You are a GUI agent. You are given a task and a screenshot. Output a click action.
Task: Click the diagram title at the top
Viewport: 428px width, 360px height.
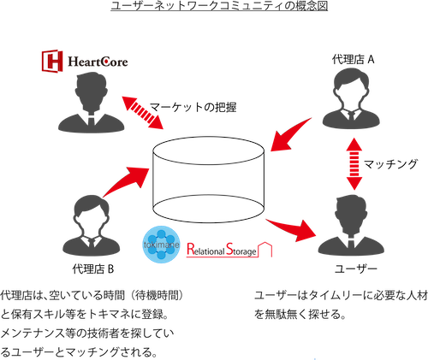click(219, 6)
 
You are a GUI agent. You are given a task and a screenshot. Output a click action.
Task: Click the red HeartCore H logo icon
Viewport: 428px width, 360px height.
click(52, 61)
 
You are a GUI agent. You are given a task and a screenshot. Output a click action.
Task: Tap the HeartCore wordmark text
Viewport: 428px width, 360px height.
click(98, 62)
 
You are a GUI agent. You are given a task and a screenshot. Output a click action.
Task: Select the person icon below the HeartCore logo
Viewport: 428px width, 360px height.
click(92, 103)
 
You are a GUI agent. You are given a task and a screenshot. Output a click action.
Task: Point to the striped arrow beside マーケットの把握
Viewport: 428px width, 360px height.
click(143, 113)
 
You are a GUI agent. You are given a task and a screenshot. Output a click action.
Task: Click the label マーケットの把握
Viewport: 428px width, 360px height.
click(193, 107)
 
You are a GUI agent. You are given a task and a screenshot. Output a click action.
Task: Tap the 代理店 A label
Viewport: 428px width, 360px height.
click(353, 60)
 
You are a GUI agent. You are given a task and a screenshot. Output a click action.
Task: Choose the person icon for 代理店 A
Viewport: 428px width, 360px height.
click(351, 98)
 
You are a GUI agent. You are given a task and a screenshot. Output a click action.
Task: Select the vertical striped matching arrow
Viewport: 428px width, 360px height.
click(354, 164)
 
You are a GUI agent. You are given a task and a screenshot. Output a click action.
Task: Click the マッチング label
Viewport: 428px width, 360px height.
click(390, 164)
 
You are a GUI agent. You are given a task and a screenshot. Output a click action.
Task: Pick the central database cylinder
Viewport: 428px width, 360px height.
click(208, 180)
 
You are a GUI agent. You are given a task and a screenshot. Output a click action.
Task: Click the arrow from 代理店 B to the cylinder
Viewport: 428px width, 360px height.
click(126, 181)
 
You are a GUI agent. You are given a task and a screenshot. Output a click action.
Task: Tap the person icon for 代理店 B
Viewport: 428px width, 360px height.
click(92, 226)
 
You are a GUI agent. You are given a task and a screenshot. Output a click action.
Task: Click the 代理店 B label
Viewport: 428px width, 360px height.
click(93, 269)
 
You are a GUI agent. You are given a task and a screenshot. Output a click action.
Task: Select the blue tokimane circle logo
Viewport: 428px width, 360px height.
click(162, 245)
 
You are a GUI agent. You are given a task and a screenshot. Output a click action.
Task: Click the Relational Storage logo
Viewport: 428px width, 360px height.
click(229, 250)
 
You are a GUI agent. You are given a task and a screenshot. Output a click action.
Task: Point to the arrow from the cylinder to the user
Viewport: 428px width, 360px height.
click(291, 229)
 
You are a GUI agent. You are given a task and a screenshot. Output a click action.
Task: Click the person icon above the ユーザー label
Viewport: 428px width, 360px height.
click(351, 226)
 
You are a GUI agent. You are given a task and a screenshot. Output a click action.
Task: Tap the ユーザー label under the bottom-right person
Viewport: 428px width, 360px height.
click(356, 269)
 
